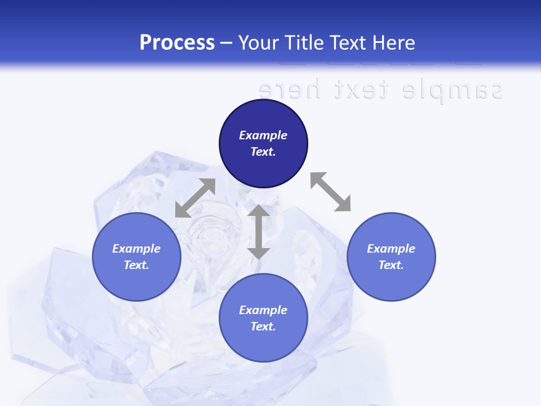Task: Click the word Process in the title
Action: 177,43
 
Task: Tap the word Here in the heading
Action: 394,43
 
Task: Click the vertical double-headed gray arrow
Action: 259,232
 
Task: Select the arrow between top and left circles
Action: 195,198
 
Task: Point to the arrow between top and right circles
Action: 330,192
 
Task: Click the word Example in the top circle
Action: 263,135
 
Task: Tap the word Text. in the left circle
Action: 136,265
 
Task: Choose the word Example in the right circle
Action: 391,249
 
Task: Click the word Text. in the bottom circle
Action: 263,326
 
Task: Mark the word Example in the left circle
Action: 136,249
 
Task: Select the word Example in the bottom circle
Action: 263,310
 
